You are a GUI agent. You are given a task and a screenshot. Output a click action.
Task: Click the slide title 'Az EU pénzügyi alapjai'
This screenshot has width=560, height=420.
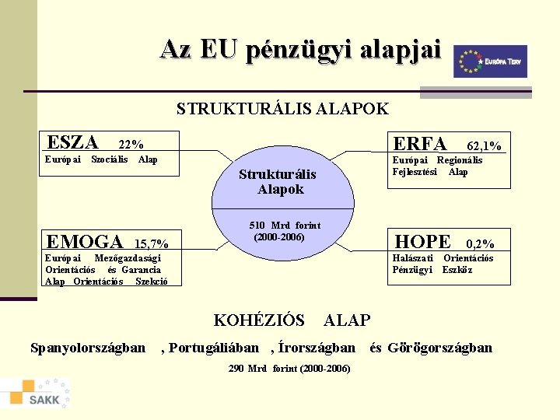[x=300, y=50]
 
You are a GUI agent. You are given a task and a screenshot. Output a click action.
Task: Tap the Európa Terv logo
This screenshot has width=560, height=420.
[x=490, y=61]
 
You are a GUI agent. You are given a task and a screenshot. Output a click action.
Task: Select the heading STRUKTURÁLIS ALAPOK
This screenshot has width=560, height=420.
[x=282, y=109]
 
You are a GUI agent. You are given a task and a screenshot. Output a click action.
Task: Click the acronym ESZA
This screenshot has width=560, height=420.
[x=72, y=142]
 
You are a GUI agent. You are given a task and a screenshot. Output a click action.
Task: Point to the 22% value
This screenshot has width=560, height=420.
[x=131, y=145]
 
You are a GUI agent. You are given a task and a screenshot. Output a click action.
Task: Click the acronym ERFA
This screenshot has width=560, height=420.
[x=420, y=144]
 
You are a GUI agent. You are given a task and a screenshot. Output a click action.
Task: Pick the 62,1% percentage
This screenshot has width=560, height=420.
[x=483, y=145]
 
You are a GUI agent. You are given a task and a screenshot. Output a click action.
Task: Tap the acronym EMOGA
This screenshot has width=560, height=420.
[x=84, y=242]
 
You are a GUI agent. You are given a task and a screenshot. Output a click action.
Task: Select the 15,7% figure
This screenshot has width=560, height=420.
[x=152, y=243]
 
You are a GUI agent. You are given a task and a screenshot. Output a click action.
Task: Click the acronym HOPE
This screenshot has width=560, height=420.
[x=422, y=242]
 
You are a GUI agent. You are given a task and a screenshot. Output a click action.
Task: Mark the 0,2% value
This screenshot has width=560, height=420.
[x=480, y=244]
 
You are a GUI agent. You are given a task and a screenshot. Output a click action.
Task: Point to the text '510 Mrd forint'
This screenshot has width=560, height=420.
[x=284, y=226]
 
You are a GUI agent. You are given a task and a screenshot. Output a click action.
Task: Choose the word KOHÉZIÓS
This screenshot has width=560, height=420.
[x=259, y=320]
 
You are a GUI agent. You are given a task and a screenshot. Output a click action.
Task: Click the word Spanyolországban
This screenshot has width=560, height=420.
[x=87, y=348]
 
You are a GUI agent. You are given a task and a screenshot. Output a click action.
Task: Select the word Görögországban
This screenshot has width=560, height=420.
[x=439, y=348]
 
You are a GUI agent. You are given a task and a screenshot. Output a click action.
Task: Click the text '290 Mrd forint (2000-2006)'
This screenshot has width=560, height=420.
[x=289, y=368]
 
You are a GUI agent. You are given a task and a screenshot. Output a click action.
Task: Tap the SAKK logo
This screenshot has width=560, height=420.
[x=37, y=394]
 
